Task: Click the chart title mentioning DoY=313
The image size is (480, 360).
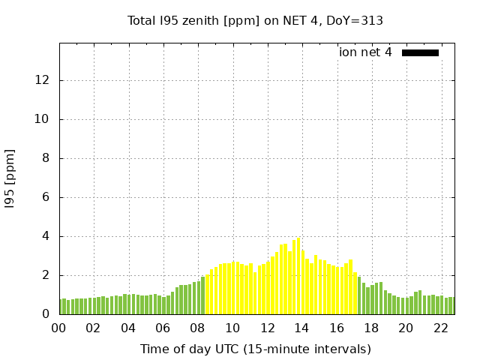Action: [x=255, y=20]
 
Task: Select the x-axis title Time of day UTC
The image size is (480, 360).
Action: [x=255, y=349]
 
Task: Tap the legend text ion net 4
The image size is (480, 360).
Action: [x=365, y=52]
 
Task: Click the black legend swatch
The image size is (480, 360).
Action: [x=420, y=52]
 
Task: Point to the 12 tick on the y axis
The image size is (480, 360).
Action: [x=46, y=80]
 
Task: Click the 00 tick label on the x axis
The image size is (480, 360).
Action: [x=58, y=328]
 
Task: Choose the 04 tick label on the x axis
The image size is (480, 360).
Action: [x=128, y=328]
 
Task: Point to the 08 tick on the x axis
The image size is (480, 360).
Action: [x=197, y=328]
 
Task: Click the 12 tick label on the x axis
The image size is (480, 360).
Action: [x=267, y=328]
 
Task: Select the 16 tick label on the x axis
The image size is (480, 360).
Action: [x=336, y=328]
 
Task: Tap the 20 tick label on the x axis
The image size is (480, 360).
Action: [x=406, y=328]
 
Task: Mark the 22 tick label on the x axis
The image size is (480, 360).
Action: [x=440, y=328]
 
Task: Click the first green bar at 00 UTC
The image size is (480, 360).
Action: [x=61, y=307]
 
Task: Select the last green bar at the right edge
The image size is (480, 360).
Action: [x=453, y=306]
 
